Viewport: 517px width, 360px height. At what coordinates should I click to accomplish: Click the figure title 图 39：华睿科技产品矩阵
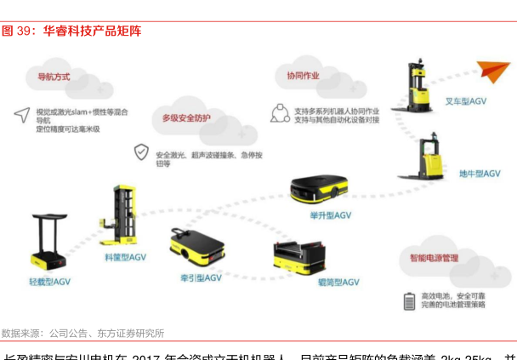(x=71, y=31)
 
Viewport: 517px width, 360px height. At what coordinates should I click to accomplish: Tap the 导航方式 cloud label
(x=54, y=77)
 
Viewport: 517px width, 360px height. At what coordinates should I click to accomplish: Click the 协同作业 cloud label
(x=303, y=76)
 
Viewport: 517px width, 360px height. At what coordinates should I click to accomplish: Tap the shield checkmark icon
(x=140, y=153)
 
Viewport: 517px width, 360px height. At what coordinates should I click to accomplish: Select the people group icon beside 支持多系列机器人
(x=278, y=113)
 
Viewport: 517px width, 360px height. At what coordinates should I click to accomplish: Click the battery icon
(x=408, y=300)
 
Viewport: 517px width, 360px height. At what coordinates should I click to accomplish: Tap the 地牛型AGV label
(x=477, y=174)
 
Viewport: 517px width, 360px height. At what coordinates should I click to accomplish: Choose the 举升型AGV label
(x=330, y=215)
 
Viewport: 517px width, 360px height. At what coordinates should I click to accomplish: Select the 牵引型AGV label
(x=201, y=277)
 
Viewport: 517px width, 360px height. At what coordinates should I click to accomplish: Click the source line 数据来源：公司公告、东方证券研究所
(x=82, y=333)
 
